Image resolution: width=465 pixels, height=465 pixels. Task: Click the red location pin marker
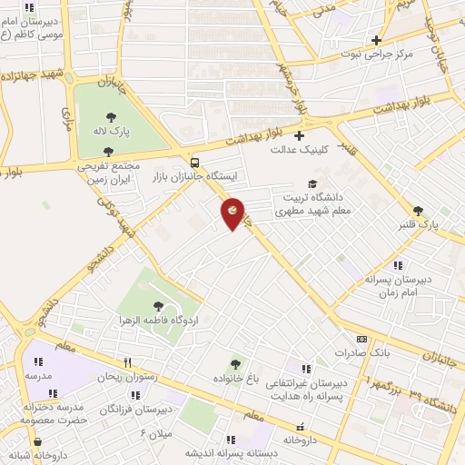click(x=233, y=213)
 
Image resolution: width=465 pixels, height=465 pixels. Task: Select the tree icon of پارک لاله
click(x=111, y=116)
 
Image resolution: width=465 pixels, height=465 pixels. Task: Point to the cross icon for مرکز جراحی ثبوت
click(x=375, y=40)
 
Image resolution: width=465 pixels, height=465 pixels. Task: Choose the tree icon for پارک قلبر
click(x=418, y=210)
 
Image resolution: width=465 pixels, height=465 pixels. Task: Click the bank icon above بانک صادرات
click(x=361, y=338)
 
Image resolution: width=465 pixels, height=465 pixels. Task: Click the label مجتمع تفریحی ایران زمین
click(x=107, y=173)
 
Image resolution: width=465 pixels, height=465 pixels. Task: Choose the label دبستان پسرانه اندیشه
click(x=231, y=452)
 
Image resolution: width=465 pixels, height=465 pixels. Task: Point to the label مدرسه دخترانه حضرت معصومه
click(x=54, y=413)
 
